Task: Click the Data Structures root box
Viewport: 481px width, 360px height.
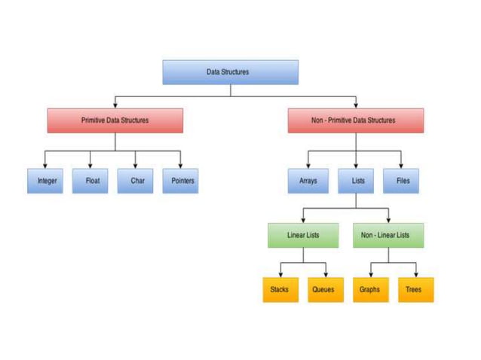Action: click(230, 72)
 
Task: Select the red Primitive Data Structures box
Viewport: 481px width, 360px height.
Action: click(115, 121)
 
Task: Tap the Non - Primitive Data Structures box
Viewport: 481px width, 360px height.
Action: click(355, 121)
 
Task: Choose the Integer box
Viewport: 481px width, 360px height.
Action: click(47, 181)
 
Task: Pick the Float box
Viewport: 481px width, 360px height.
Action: click(91, 181)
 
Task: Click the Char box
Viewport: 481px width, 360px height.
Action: click(136, 181)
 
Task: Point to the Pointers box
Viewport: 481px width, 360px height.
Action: click(182, 181)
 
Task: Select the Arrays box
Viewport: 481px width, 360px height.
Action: click(308, 181)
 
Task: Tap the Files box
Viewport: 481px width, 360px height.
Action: click(402, 181)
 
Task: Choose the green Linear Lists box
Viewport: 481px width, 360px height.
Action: click(303, 236)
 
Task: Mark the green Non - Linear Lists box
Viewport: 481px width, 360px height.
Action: click(388, 236)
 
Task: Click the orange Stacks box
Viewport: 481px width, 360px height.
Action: click(280, 289)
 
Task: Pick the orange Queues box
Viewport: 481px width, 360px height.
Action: click(325, 289)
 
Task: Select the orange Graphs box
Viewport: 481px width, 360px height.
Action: click(370, 289)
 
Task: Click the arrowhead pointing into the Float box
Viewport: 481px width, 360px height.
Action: click(91, 166)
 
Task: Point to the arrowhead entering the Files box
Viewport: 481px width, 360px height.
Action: click(402, 166)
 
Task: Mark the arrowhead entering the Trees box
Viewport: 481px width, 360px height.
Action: click(415, 274)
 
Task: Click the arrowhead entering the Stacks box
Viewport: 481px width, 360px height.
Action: click(280, 274)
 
